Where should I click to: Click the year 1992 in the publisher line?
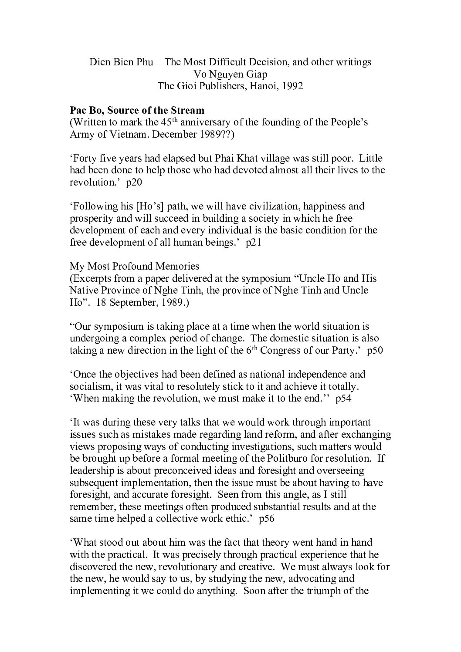click(x=292, y=86)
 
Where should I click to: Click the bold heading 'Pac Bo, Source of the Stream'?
click(x=137, y=110)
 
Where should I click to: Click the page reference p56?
click(x=266, y=519)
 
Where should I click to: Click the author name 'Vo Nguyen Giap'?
click(x=230, y=74)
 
